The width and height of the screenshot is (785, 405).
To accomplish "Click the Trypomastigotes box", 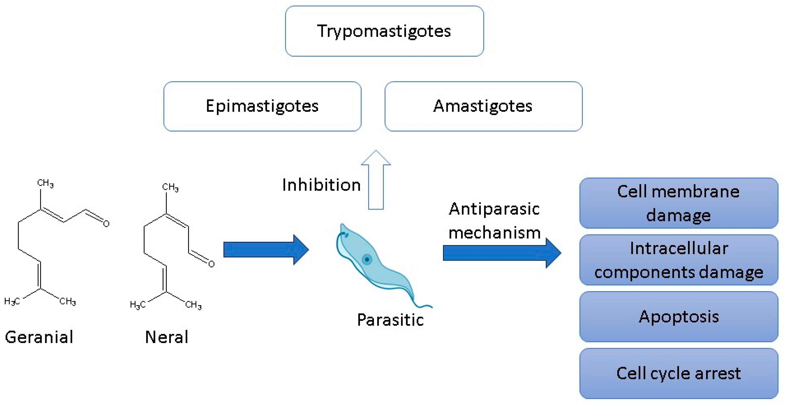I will click(384, 31).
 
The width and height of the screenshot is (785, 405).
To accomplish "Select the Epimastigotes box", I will click(262, 106).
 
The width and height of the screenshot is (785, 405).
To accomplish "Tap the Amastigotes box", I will click(483, 106).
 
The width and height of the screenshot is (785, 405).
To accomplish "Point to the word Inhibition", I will click(321, 185).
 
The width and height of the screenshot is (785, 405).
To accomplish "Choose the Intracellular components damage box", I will click(678, 260).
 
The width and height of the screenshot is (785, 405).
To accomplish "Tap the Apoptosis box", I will click(678, 317).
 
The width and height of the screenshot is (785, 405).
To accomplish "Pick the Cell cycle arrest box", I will click(678, 373).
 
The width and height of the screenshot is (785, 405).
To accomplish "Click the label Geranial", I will click(39, 337).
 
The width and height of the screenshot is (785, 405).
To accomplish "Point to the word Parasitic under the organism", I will click(390, 320).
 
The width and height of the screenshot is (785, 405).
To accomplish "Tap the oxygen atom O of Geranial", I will click(106, 224).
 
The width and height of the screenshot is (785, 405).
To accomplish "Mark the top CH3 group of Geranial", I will click(45, 183).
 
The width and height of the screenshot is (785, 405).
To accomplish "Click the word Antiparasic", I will click(494, 209).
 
